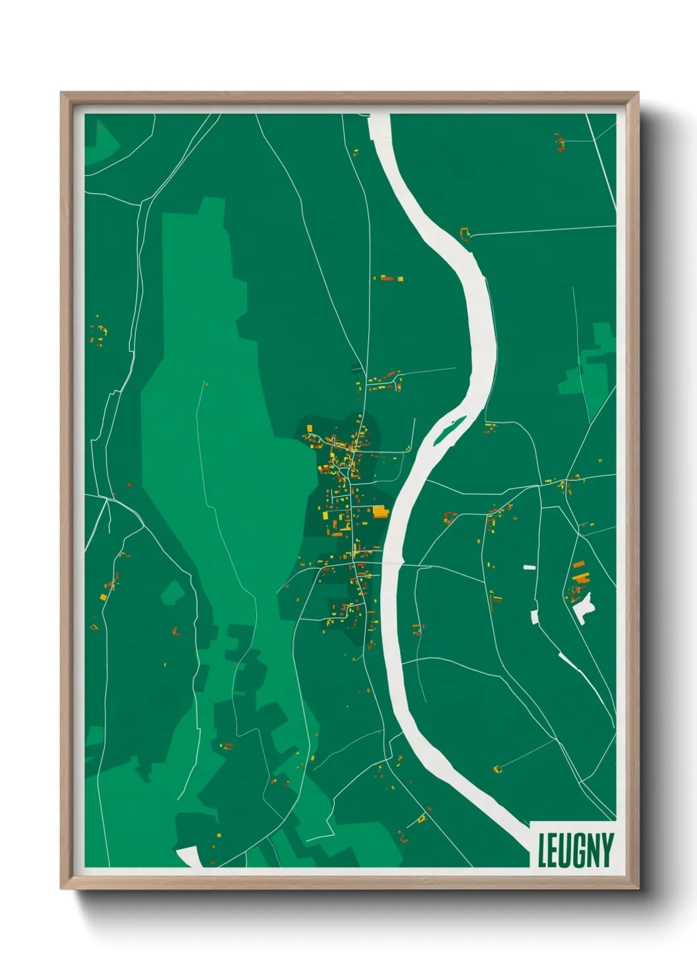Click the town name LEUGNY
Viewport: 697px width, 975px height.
(x=575, y=850)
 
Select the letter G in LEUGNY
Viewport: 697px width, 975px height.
(x=575, y=850)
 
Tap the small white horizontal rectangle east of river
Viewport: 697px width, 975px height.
(x=529, y=567)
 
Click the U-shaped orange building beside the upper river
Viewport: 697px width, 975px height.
(x=465, y=233)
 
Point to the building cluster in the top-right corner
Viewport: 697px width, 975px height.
(x=560, y=142)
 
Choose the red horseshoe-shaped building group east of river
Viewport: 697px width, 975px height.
(x=450, y=517)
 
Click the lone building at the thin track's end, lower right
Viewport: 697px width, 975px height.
(x=497, y=769)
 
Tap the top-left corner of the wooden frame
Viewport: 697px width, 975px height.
(x=62, y=94)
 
